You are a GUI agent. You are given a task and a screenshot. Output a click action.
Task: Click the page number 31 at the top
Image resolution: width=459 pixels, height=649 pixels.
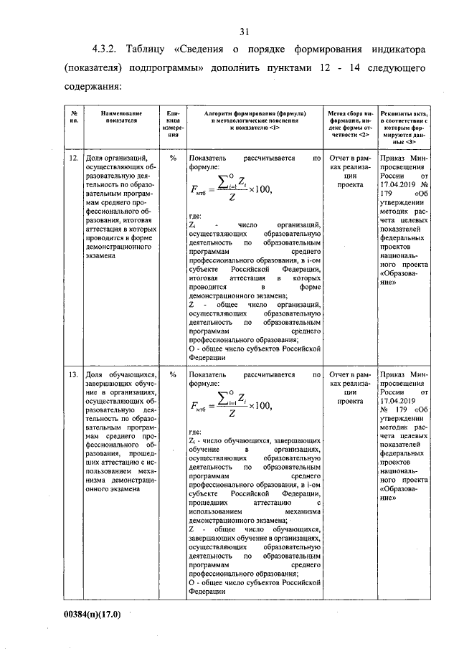point(243,31)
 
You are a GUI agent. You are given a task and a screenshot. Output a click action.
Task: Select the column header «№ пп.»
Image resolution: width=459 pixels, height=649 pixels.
point(74,118)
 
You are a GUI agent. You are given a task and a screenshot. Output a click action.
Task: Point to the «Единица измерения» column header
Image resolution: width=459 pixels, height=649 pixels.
point(172,123)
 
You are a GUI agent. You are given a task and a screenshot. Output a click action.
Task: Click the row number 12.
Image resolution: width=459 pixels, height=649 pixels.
point(73,157)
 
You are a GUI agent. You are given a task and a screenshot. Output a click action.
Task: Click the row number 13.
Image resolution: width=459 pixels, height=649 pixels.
point(73,374)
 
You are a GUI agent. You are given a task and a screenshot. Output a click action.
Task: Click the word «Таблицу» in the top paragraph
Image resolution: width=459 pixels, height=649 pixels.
point(150,52)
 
